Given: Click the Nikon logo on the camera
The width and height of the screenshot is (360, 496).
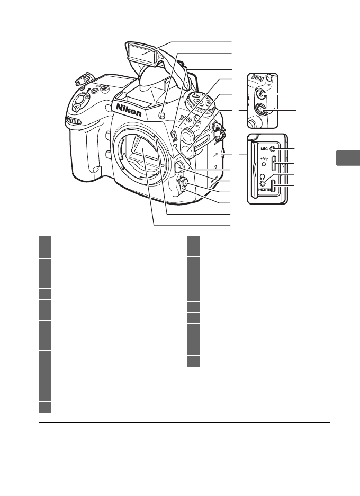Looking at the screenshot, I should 129,111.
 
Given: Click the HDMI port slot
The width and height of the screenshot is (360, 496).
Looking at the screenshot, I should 273,187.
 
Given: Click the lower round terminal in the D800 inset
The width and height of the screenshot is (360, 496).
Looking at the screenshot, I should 261,110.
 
